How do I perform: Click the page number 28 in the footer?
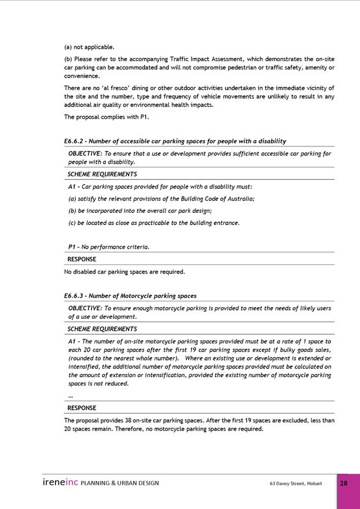point(344,483)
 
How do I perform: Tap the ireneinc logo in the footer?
point(60,482)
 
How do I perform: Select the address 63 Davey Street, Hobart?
point(295,483)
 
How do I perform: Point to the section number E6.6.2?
point(75,141)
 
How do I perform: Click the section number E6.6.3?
point(75,296)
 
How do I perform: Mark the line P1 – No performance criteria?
point(109,247)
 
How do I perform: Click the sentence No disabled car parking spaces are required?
point(124,271)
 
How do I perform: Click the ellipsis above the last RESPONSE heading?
point(71,396)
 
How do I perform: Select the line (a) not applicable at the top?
point(89,47)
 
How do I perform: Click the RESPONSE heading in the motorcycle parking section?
point(82,408)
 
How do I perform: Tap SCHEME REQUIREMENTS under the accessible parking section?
point(102,174)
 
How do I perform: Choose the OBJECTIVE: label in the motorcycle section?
point(85,308)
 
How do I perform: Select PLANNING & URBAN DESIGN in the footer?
point(120,483)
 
